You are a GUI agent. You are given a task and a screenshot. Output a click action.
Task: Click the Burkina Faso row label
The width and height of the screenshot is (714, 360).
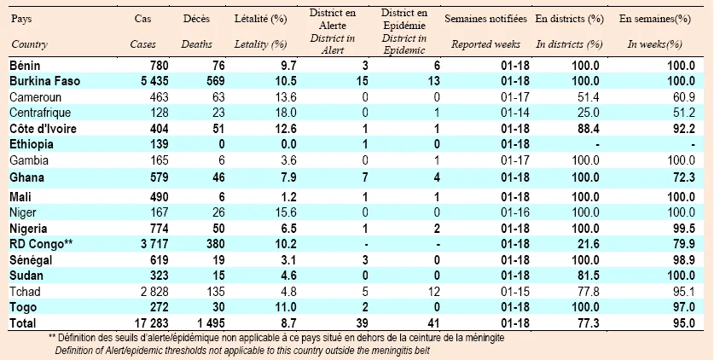[44, 81]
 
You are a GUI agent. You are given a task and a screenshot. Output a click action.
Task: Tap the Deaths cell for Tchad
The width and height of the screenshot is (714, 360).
[217, 292]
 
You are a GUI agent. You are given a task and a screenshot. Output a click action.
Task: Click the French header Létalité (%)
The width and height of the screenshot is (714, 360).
[260, 19]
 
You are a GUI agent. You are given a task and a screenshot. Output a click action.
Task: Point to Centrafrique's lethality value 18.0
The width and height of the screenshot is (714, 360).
[286, 113]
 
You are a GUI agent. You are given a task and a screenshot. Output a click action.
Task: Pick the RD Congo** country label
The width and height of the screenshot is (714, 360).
[41, 244]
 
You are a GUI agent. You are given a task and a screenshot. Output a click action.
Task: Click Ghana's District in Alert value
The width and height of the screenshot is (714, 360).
[365, 177]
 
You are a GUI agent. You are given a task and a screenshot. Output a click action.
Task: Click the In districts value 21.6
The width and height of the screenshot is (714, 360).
[589, 244]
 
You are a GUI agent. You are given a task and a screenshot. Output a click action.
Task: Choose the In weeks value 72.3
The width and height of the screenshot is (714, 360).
[684, 177]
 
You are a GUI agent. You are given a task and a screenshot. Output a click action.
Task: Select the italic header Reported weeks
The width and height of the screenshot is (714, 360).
[486, 44]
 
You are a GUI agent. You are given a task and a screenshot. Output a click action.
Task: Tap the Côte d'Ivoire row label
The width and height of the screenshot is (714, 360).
[43, 129]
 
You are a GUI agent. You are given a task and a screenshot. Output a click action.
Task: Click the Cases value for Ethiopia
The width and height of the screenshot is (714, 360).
[159, 144]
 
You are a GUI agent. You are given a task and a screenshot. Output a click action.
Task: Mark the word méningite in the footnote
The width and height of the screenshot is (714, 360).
[484, 339]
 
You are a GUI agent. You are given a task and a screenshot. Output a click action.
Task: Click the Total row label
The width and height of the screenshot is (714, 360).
[23, 323]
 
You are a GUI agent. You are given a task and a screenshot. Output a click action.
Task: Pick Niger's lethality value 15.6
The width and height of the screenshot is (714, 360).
[286, 212]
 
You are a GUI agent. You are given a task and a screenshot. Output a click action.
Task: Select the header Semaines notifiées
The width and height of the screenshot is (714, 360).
[486, 19]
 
